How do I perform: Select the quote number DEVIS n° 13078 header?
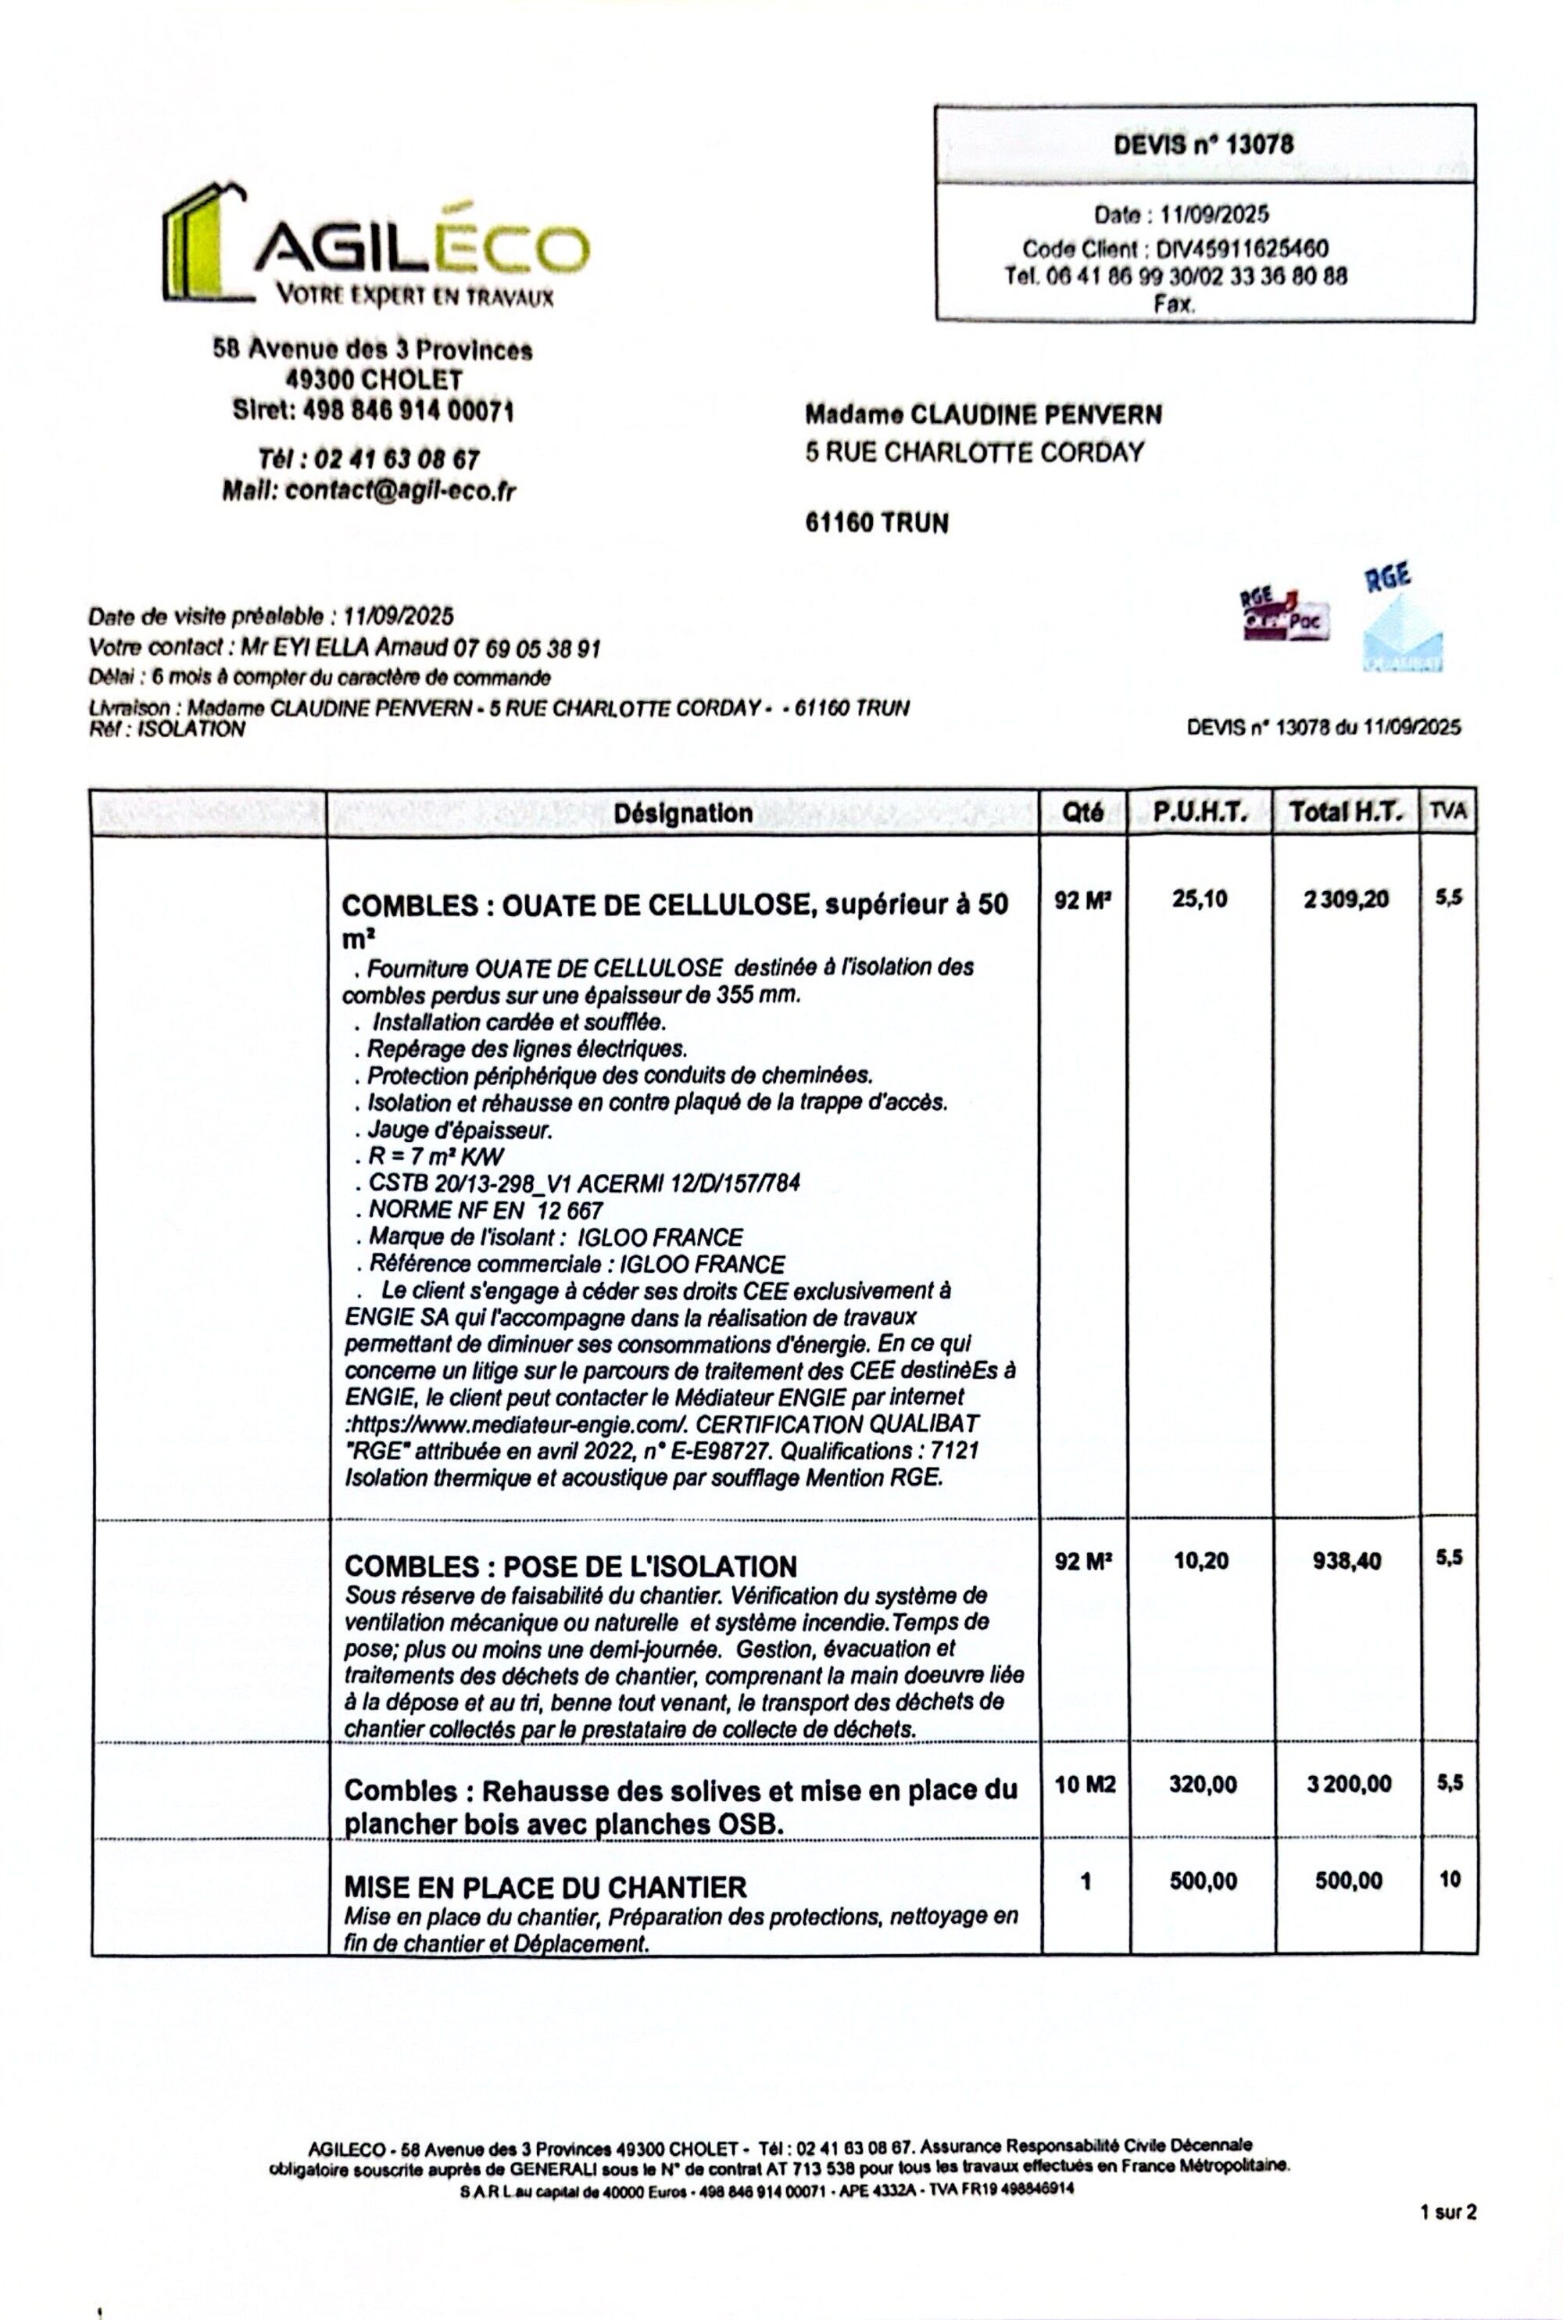click(1204, 145)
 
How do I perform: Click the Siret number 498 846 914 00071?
click(373, 410)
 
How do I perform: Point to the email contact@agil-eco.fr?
click(399, 491)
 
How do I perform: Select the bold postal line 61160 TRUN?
click(876, 522)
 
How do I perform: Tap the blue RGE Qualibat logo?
click(1404, 623)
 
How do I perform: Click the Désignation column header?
click(683, 813)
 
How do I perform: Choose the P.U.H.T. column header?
click(1200, 813)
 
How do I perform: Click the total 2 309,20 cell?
click(1345, 899)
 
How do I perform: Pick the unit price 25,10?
click(1200, 899)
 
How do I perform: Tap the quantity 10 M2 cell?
click(1085, 1784)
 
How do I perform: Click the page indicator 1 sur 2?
click(1447, 2240)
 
